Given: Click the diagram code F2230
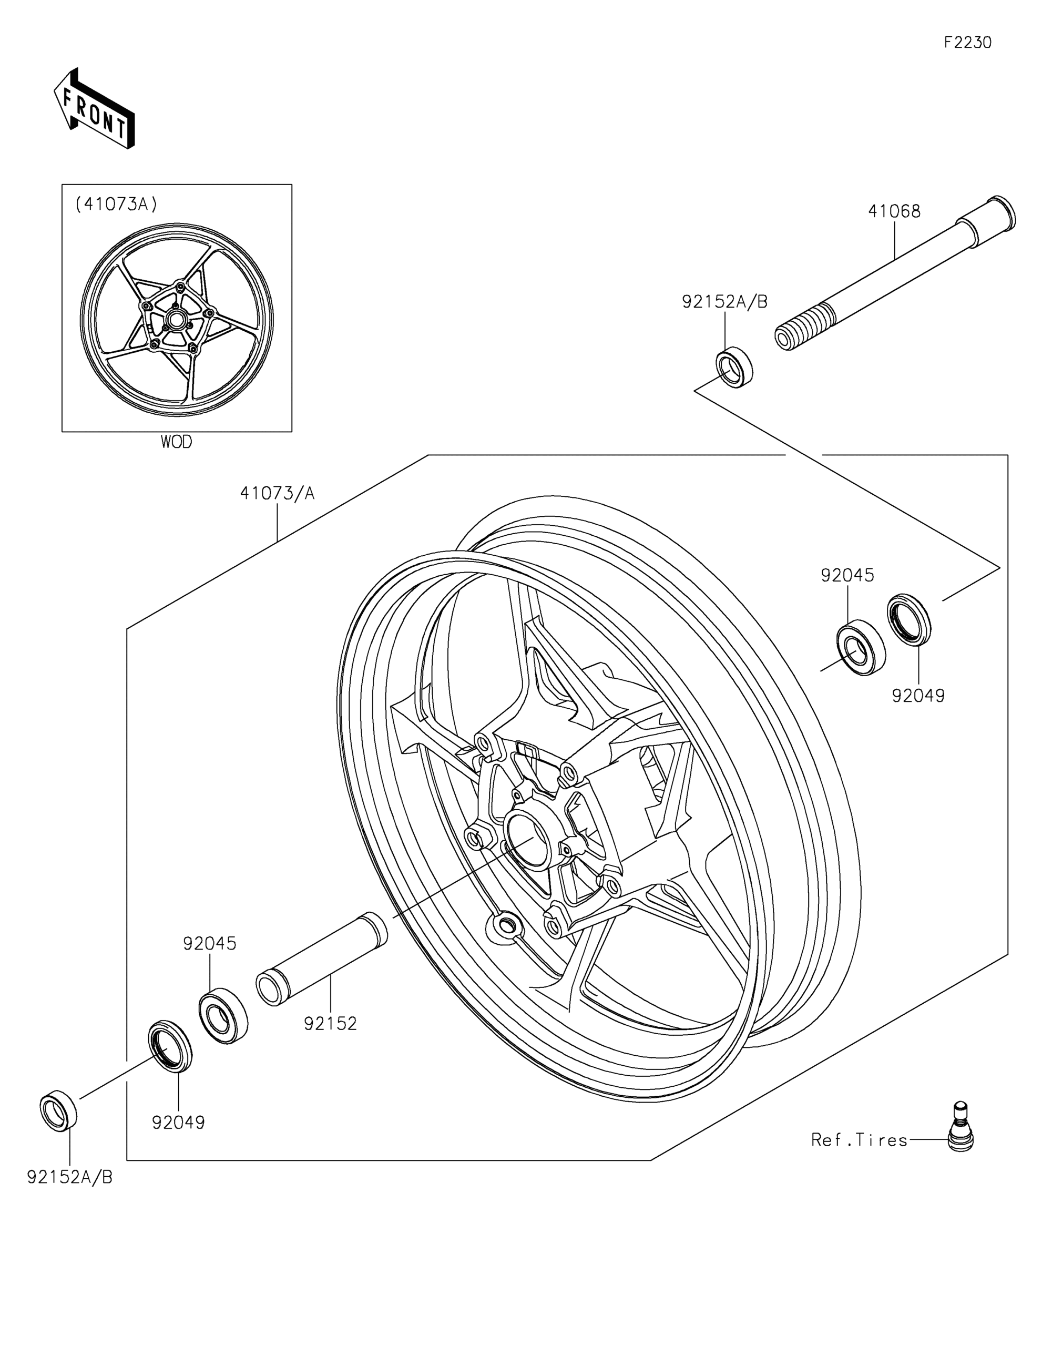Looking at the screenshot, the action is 968,43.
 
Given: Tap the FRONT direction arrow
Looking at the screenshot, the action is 94,108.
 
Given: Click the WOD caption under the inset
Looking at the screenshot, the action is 176,442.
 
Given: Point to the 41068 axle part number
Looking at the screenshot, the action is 894,211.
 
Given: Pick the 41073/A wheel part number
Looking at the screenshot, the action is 277,493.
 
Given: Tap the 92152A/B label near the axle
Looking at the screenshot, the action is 724,302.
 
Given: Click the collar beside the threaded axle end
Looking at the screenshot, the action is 734,368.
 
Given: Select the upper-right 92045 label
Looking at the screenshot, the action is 847,575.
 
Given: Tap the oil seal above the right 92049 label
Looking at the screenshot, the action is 909,620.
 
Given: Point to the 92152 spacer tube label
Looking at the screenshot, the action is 330,1024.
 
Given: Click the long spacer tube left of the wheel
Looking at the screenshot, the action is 322,967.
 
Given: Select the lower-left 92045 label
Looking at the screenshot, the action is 210,944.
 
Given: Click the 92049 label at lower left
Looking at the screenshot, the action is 178,1123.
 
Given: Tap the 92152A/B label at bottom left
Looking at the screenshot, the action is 69,1178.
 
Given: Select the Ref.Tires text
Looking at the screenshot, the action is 860,1140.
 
